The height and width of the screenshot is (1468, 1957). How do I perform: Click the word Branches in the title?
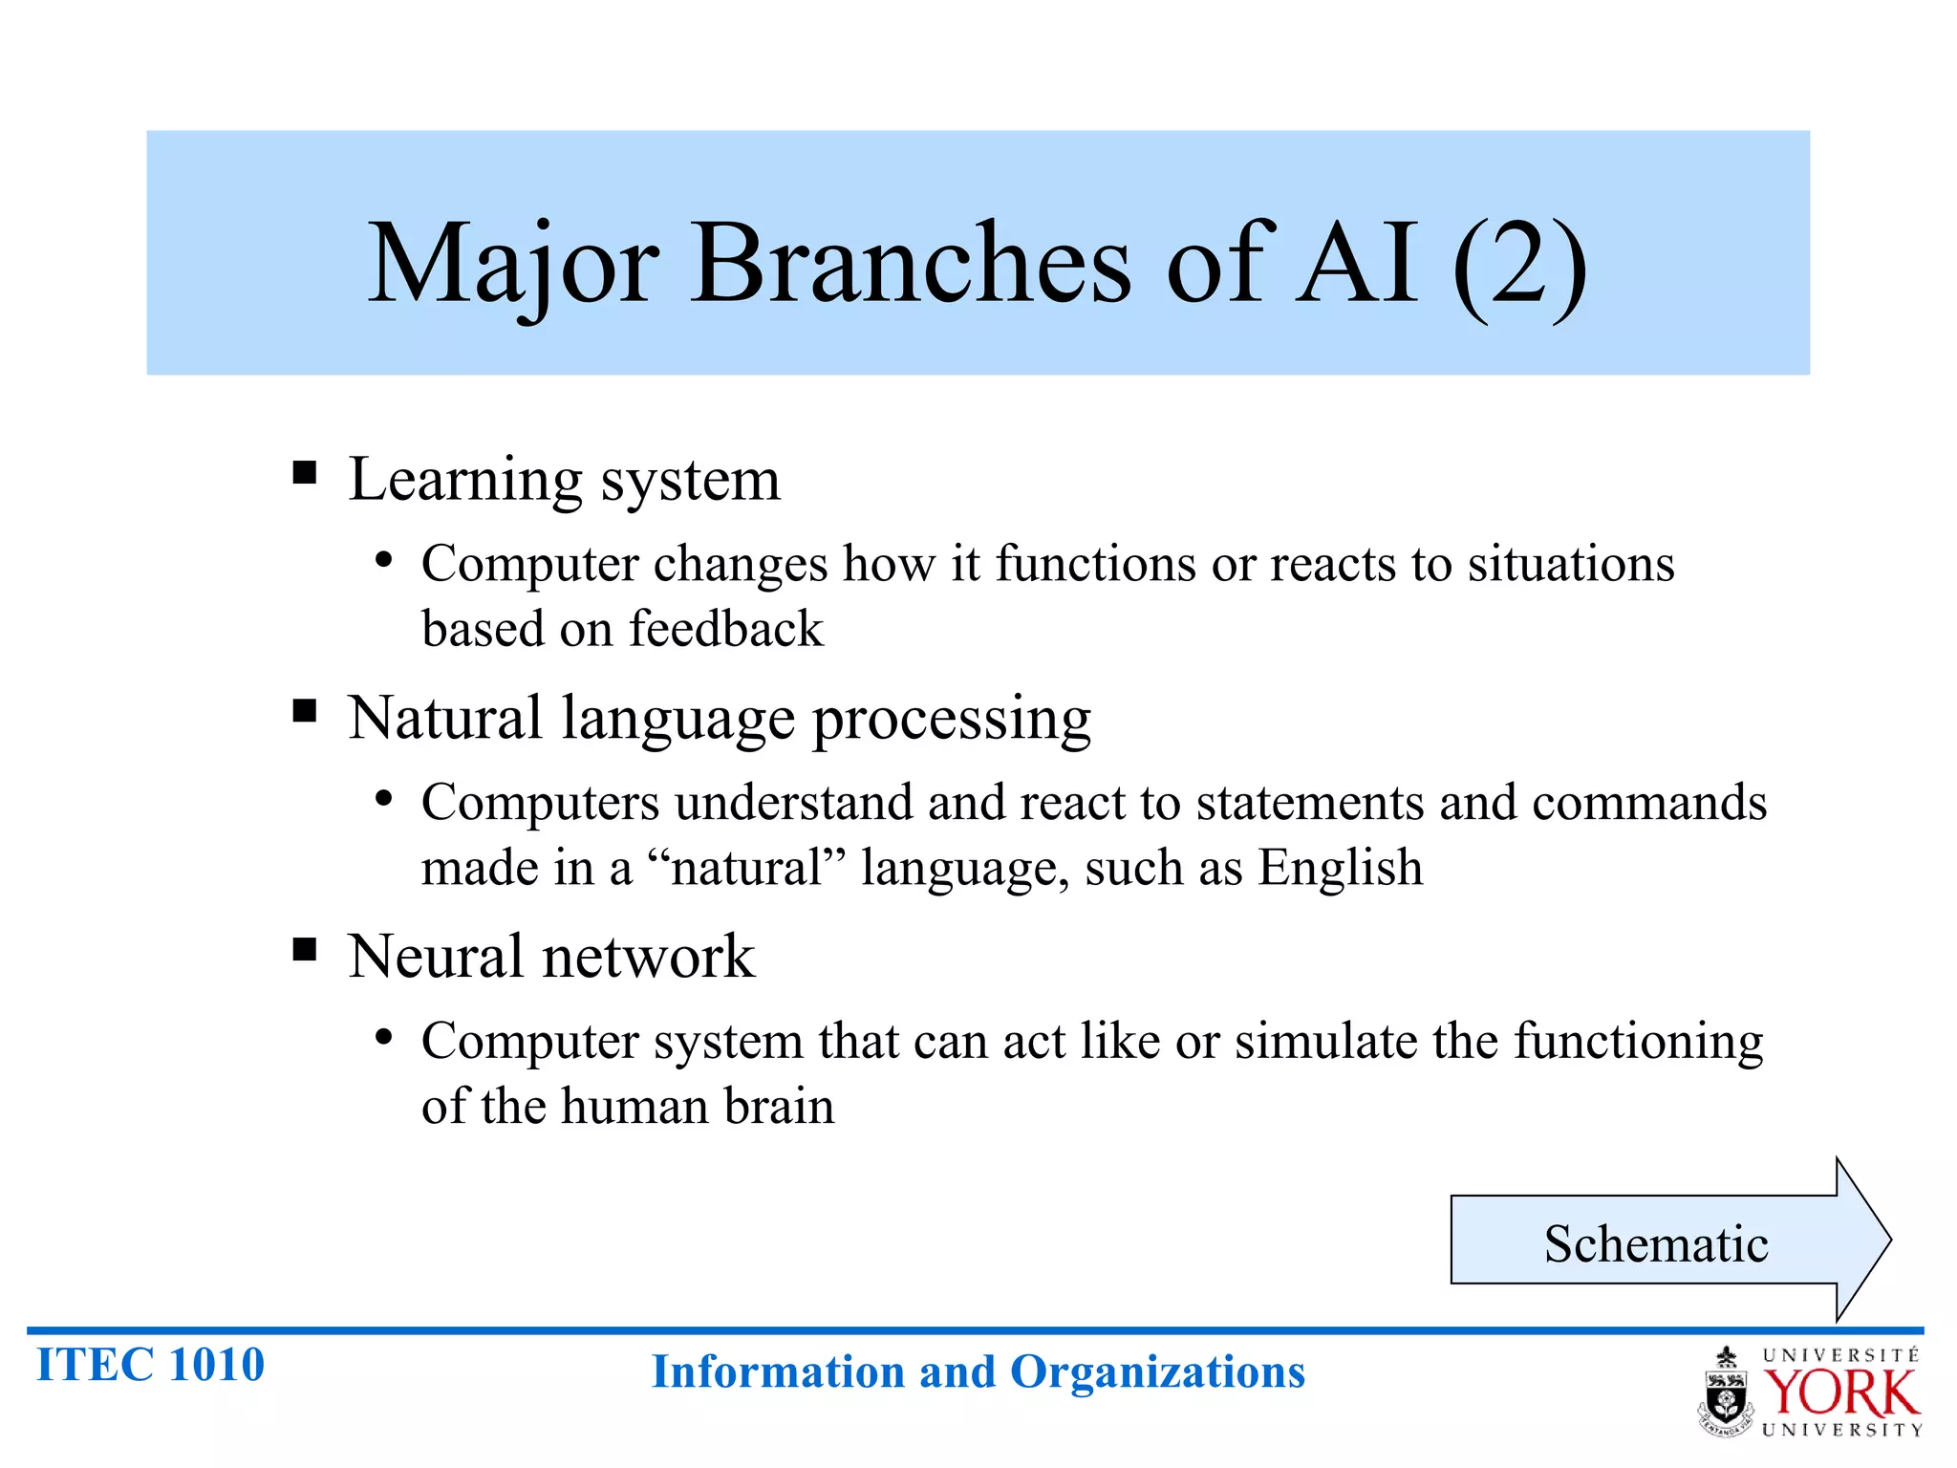(910, 263)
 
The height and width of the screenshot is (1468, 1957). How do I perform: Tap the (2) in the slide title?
(1519, 266)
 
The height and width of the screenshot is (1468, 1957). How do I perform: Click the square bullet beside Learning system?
(305, 472)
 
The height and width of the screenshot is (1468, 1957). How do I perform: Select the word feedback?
(725, 629)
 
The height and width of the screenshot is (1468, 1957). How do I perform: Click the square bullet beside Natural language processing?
(305, 711)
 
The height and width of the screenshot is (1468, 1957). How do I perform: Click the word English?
(1340, 868)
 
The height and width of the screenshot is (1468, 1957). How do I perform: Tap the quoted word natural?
(746, 868)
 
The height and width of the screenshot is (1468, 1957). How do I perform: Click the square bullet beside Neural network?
(305, 949)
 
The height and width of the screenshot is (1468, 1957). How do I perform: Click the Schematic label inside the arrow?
(1655, 1243)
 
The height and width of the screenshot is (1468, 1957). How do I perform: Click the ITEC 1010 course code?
(150, 1364)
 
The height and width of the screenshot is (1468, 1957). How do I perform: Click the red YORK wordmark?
(1840, 1393)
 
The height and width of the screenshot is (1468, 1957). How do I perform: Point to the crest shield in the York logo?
(1726, 1398)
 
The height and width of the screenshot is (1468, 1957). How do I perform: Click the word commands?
(1649, 802)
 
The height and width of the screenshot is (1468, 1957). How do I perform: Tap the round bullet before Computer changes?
(383, 561)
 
